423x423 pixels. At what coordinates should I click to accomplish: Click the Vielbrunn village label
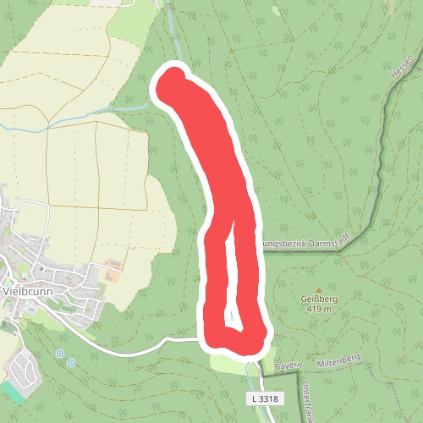(30, 289)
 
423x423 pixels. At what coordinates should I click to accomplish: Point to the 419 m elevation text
(317, 310)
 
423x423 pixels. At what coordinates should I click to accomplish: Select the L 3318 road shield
(264, 398)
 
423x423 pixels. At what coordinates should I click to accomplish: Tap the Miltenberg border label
(338, 360)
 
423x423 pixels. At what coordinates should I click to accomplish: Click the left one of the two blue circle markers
(59, 354)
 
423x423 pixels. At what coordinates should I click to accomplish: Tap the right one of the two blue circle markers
(70, 362)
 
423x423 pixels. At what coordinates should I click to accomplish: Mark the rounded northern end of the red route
(173, 83)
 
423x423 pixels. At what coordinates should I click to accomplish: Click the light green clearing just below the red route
(228, 362)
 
